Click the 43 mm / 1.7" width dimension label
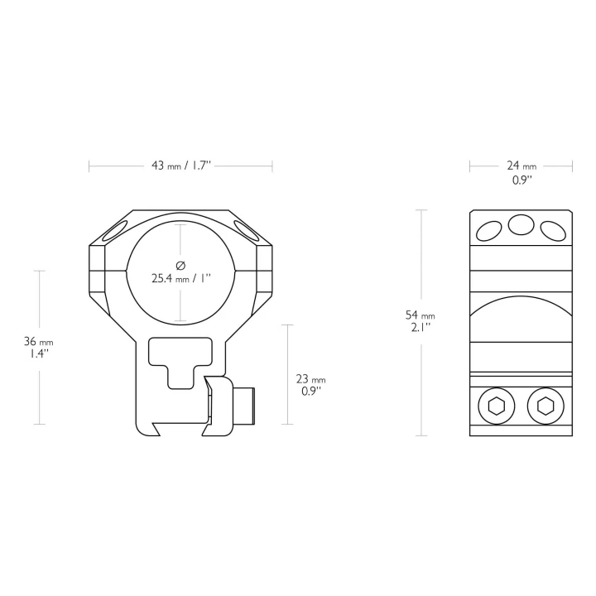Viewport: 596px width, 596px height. (181, 166)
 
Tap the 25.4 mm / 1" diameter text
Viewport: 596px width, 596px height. (181, 279)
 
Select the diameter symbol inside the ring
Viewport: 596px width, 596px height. (181, 265)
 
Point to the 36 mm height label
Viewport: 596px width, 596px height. (38, 341)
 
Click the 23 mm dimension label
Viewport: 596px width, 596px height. (310, 379)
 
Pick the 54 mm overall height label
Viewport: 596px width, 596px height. (420, 315)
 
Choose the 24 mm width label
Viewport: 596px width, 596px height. (521, 166)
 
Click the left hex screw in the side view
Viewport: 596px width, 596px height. (496, 406)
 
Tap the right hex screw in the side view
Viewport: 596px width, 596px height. (546, 406)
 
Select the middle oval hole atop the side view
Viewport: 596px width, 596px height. (521, 224)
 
